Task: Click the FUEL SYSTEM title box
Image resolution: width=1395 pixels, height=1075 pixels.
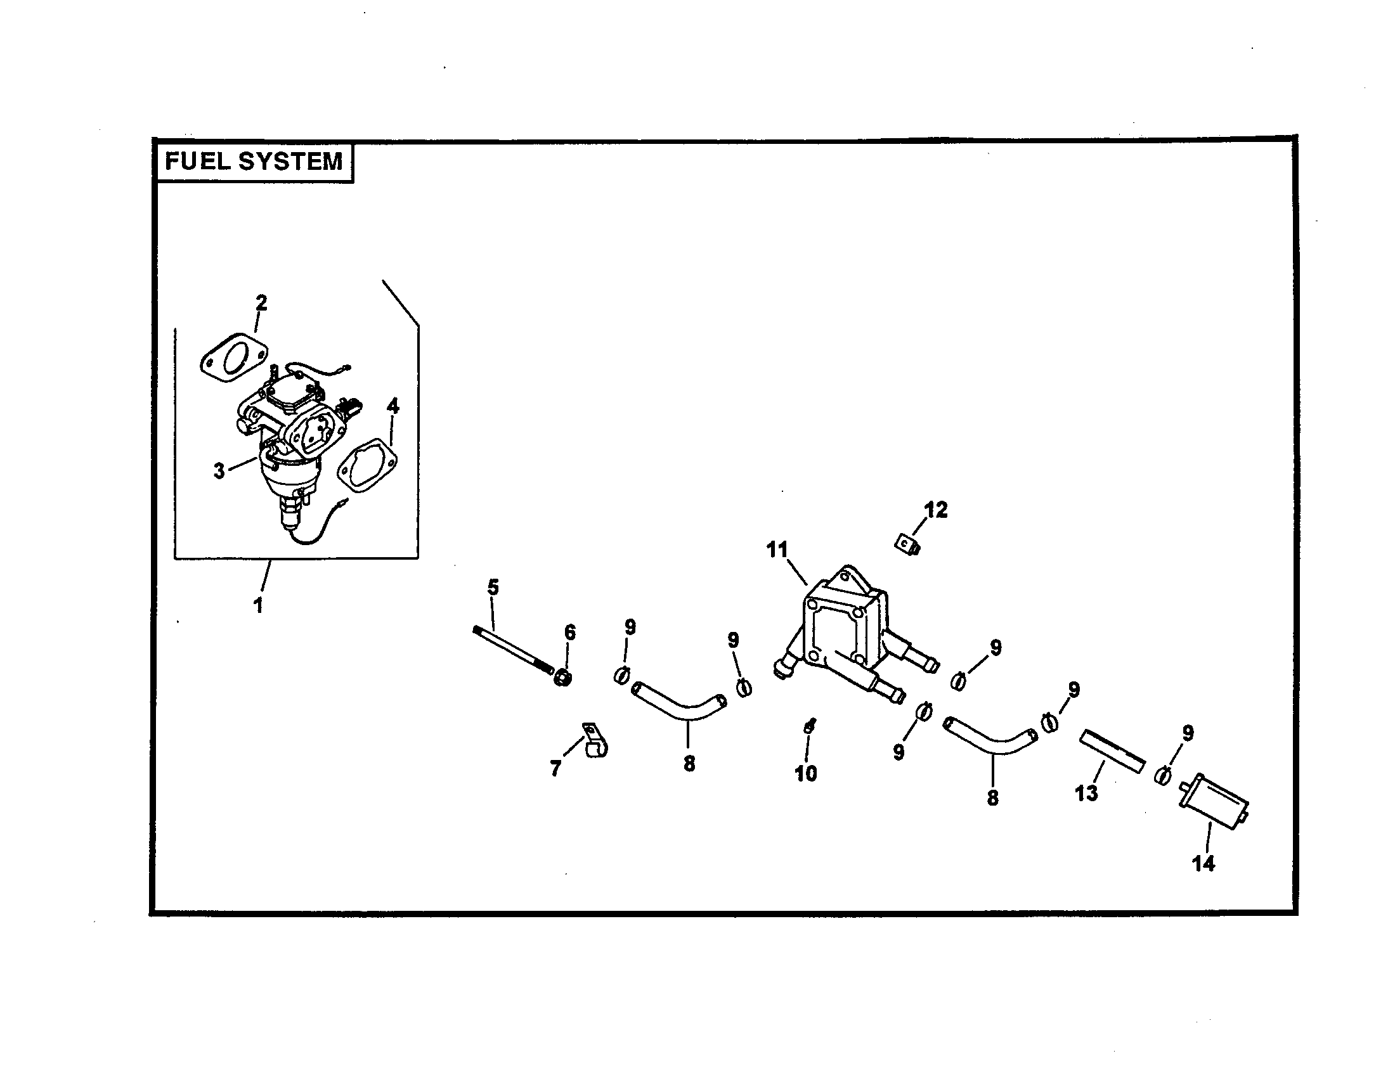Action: (254, 162)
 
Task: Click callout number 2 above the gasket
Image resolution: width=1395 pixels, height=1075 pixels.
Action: (261, 302)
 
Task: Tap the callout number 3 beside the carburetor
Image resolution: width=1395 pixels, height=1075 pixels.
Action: (219, 472)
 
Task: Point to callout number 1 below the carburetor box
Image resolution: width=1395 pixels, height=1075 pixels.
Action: (258, 605)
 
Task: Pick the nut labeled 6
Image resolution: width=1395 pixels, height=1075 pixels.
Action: (562, 678)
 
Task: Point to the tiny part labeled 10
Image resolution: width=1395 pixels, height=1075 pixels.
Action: (809, 726)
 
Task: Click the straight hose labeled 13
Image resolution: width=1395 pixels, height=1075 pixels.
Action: (1112, 751)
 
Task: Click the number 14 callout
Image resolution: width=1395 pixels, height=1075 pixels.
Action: (1204, 864)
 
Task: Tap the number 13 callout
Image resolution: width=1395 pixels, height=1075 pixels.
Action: (1086, 794)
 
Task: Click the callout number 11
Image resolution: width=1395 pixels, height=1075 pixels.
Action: (777, 550)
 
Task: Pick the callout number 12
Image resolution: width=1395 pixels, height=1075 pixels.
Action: (936, 510)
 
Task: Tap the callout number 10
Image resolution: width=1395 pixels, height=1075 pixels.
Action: (805, 774)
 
